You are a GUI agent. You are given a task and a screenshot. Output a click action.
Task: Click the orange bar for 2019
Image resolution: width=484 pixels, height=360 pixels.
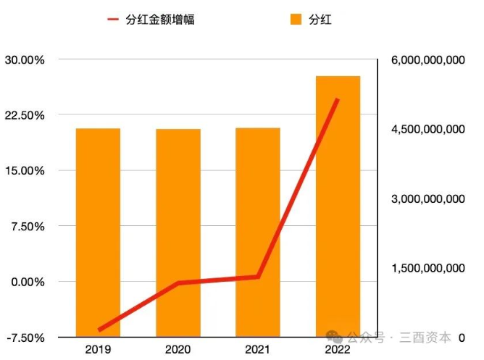click(98, 232)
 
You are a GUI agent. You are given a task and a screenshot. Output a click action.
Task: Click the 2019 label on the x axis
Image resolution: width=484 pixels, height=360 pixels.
click(98, 350)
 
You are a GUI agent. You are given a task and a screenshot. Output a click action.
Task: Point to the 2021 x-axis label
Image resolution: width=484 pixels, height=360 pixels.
click(257, 350)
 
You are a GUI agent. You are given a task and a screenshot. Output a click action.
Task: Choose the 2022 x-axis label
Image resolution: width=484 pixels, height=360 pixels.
click(338, 350)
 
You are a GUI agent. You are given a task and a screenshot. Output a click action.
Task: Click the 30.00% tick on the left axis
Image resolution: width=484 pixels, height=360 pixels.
click(25, 60)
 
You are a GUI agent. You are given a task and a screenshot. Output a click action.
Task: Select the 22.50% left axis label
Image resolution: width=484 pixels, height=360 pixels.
click(25, 115)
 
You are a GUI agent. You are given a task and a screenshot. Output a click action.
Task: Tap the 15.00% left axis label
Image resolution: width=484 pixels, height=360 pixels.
click(25, 171)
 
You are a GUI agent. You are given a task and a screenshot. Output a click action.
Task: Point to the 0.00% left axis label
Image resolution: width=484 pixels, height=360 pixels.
click(28, 282)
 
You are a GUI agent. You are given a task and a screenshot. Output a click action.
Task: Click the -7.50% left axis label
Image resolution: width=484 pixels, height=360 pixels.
click(26, 338)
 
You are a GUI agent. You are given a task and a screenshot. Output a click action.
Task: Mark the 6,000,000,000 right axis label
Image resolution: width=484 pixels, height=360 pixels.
click(427, 60)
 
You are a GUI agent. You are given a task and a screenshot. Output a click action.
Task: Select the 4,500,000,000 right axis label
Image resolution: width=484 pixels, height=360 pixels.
click(427, 130)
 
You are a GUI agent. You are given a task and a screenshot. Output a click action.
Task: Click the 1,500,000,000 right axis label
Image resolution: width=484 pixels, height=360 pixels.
click(427, 268)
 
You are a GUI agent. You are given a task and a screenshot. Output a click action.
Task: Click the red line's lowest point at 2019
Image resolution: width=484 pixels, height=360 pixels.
click(99, 330)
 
